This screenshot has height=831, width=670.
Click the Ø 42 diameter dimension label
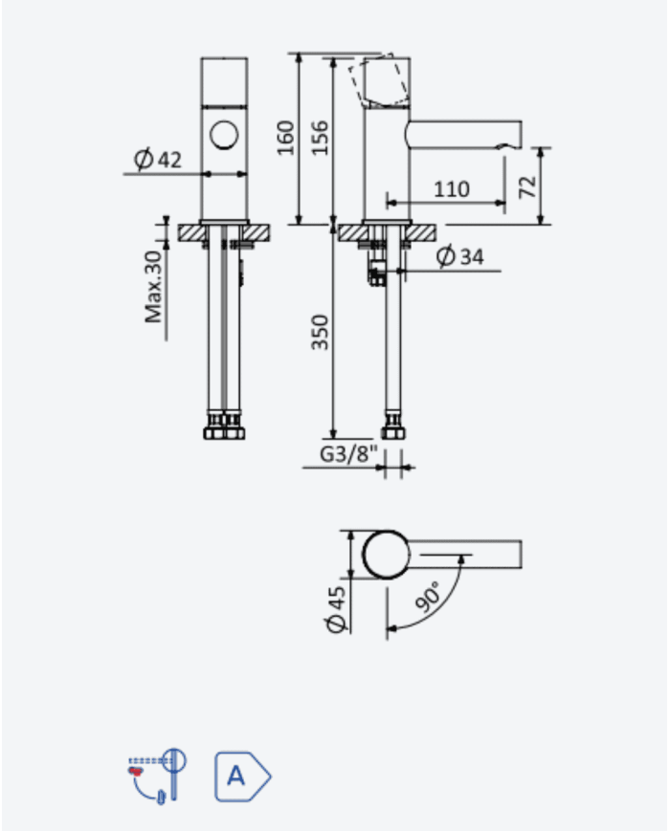tap(157, 159)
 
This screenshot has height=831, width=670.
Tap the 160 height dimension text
tap(286, 138)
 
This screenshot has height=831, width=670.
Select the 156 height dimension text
tap(320, 138)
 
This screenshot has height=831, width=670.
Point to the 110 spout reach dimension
tap(452, 189)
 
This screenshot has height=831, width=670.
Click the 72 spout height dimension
tap(527, 186)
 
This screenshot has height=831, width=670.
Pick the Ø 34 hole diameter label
tap(460, 256)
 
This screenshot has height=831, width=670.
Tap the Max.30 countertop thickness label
tap(153, 287)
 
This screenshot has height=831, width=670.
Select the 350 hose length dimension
tap(320, 332)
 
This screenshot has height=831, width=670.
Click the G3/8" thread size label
tap(348, 453)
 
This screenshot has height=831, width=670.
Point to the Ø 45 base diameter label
tap(337, 609)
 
